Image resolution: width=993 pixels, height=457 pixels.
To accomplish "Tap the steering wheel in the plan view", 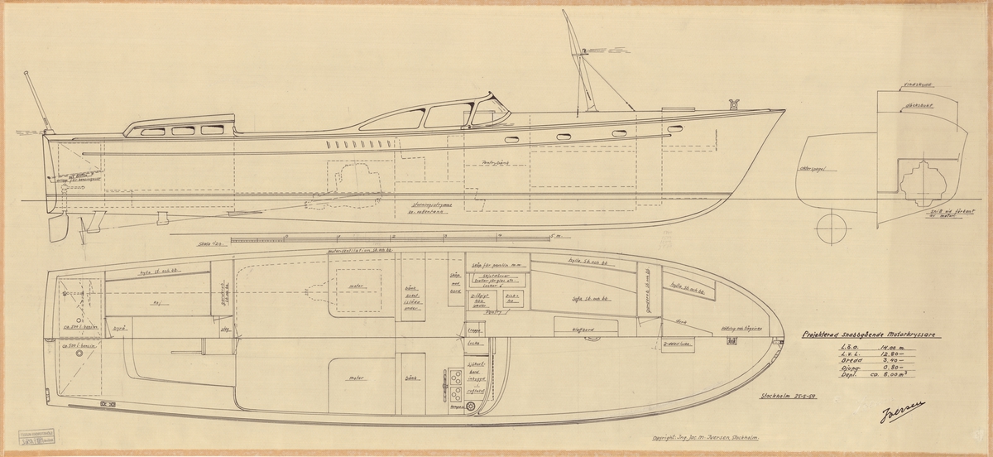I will coord(471,406).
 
